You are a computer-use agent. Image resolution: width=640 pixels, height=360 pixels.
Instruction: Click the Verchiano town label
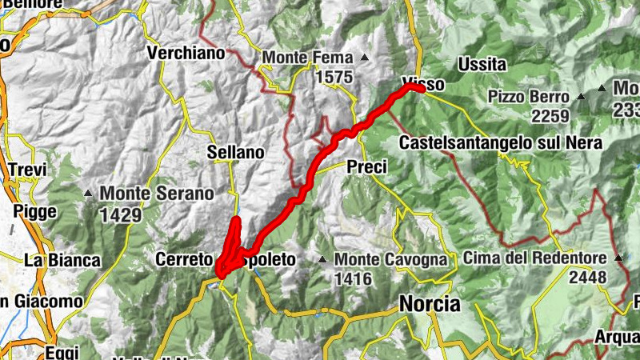pos(184,54)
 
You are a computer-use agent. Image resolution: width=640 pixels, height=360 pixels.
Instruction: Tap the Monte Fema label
pos(308,58)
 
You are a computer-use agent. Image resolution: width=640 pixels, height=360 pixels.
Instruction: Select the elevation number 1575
pos(334,77)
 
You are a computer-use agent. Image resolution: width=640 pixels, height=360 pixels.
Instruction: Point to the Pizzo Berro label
pos(528,97)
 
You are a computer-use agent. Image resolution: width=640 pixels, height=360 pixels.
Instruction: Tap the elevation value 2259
pos(548,116)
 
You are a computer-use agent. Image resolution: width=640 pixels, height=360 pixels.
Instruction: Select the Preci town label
pos(367,167)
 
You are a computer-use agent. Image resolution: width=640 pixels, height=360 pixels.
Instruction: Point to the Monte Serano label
pos(157,193)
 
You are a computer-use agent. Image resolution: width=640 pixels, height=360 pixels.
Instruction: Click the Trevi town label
pos(28,170)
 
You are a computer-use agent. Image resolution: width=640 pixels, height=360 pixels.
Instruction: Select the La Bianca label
pos(62,260)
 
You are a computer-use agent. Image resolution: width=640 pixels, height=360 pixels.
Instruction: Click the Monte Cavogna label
pos(390,259)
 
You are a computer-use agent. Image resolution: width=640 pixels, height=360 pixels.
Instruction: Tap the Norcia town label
pos(430,304)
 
